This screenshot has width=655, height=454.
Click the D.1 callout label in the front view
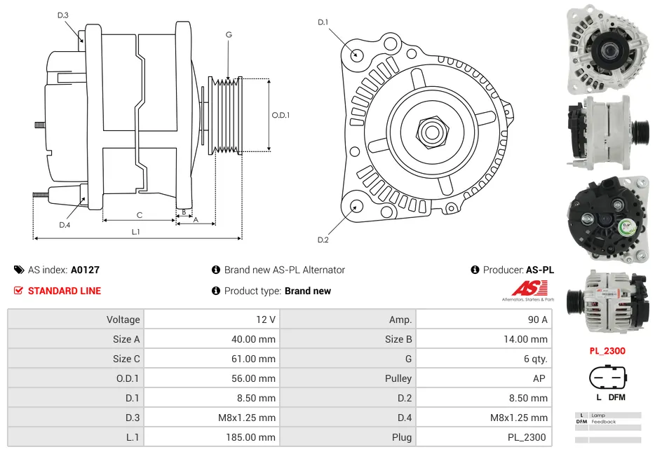click(323, 22)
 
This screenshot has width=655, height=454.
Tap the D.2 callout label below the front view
click(323, 240)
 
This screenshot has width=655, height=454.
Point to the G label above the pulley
click(229, 34)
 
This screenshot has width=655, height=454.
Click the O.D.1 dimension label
click(281, 116)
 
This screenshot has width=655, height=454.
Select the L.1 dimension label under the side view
click(135, 232)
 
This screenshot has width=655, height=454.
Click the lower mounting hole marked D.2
click(357, 206)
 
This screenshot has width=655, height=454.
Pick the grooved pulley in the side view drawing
click(226, 116)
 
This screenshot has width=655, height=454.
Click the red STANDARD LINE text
click(64, 291)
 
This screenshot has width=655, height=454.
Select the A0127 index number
click(85, 270)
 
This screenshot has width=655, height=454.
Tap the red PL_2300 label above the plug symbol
click(607, 351)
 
